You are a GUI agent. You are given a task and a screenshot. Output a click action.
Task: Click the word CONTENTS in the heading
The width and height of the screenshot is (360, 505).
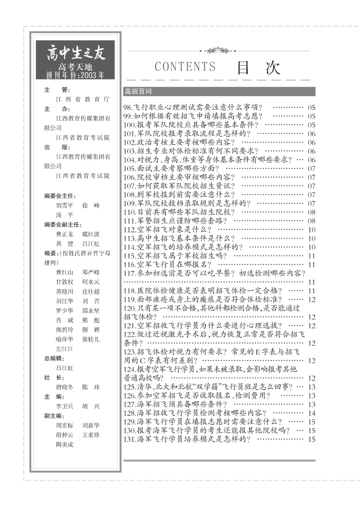click(x=185, y=67)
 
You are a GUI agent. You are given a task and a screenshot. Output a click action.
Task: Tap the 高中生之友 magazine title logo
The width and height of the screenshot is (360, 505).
click(x=76, y=53)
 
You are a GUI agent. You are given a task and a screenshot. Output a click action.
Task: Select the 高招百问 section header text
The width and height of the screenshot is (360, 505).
click(x=138, y=92)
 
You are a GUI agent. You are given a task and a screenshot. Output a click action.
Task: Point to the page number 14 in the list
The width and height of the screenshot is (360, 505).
click(x=311, y=413)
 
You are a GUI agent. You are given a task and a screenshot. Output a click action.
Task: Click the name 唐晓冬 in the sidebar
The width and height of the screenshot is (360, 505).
click(x=65, y=387)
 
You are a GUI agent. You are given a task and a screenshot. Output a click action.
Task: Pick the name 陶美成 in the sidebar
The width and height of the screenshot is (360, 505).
click(x=65, y=444)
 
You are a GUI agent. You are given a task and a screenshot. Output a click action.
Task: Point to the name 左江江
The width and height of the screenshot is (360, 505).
click(x=65, y=349)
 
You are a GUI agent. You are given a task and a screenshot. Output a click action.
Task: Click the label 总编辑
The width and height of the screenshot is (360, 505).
click(x=54, y=359)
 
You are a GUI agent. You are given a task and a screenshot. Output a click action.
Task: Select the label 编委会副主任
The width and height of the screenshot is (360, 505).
click(x=63, y=225)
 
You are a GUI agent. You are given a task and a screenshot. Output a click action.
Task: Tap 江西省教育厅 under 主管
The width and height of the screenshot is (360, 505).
click(x=83, y=99)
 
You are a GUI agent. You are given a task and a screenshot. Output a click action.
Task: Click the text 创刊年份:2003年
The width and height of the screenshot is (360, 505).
click(x=75, y=75)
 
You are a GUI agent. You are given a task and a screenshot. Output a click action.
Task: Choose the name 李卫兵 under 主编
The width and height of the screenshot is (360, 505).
click(x=65, y=406)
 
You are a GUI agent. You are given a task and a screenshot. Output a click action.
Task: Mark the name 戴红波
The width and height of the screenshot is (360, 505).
click(x=91, y=234)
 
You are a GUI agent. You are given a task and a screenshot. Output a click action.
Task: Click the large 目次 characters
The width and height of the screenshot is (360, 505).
click(x=259, y=67)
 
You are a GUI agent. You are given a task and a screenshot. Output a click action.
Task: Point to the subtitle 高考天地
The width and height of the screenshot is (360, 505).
click(x=75, y=67)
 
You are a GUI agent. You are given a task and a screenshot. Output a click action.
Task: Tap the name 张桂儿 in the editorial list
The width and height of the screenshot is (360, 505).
click(x=91, y=339)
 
